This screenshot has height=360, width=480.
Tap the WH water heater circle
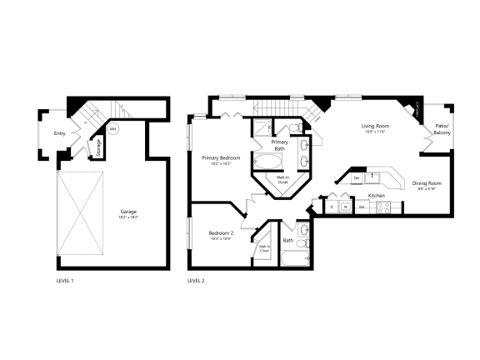pos(113,129)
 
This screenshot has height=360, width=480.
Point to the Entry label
pos(60,133)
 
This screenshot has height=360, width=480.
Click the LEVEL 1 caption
pos(64,281)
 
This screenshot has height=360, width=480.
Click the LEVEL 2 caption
pos(196,281)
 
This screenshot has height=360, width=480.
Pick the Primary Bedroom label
pos(221,157)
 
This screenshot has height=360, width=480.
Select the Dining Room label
pos(427,182)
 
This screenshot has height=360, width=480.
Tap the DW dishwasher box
pos(357,178)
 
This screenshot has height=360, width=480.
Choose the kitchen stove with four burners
pos(385,208)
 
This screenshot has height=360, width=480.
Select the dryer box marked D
pos(331,206)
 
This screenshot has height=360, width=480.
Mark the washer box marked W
pos(344,206)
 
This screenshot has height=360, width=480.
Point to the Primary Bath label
pos(280,146)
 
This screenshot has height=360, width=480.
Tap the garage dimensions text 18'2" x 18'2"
pos(128,216)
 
